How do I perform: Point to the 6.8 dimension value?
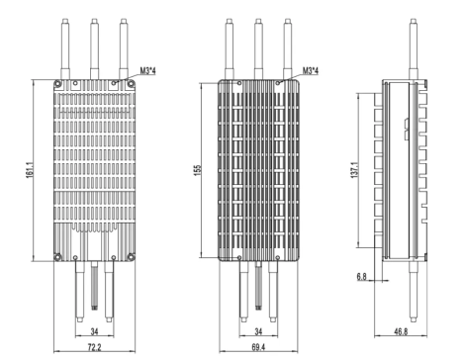coord(362,278)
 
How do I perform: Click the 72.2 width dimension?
coord(92,348)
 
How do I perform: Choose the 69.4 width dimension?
coord(256,348)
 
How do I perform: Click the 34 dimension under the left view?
coord(92,330)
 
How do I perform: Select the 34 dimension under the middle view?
coord(256,330)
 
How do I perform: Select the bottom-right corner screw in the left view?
coord(124,256)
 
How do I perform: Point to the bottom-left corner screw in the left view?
coord(60,256)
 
